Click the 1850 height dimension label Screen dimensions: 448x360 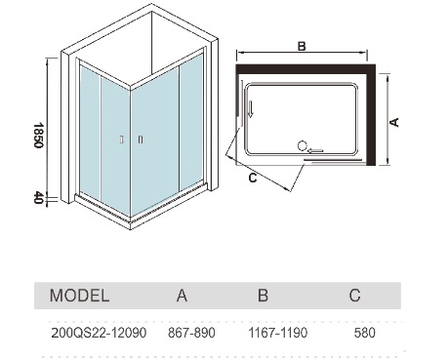pos(39,135)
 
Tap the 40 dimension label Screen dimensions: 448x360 pos(39,197)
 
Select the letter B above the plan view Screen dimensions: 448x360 pos(302,46)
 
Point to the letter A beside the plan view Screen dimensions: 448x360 pos(394,122)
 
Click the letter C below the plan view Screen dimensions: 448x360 pos(253,178)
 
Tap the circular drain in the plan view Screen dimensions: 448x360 pos(303,146)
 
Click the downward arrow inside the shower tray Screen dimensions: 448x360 pos(251,108)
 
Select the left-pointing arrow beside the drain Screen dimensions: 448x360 pos(315,150)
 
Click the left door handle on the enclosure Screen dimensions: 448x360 pos(121,140)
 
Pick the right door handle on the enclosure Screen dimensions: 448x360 pos(141,140)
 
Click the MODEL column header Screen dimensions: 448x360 pos(79,296)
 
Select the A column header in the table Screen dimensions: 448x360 pos(182,296)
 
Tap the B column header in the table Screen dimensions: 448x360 pos(263,296)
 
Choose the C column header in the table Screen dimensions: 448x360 pos(354,296)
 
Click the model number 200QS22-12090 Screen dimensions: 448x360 pos(99,333)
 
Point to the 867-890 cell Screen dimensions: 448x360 pos(191,333)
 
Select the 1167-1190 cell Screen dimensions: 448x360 pos(278,333)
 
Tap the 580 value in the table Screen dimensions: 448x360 pos(365,333)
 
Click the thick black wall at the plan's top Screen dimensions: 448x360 pos(305,68)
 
